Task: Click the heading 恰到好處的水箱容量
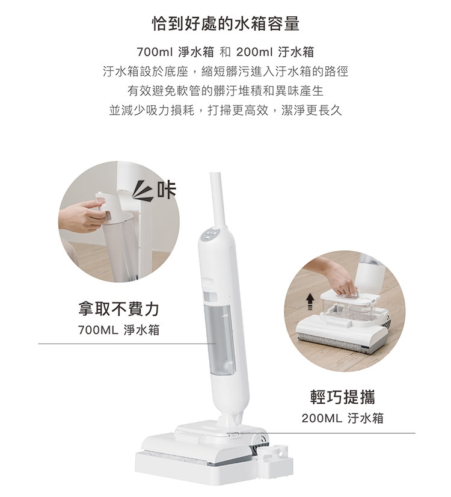[x=226, y=24]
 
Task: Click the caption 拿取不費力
[x=118, y=309]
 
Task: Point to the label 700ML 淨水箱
[x=118, y=330]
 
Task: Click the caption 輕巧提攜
[x=343, y=398]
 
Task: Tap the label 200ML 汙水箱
[x=343, y=418]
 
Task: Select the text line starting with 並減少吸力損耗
[x=226, y=111]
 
